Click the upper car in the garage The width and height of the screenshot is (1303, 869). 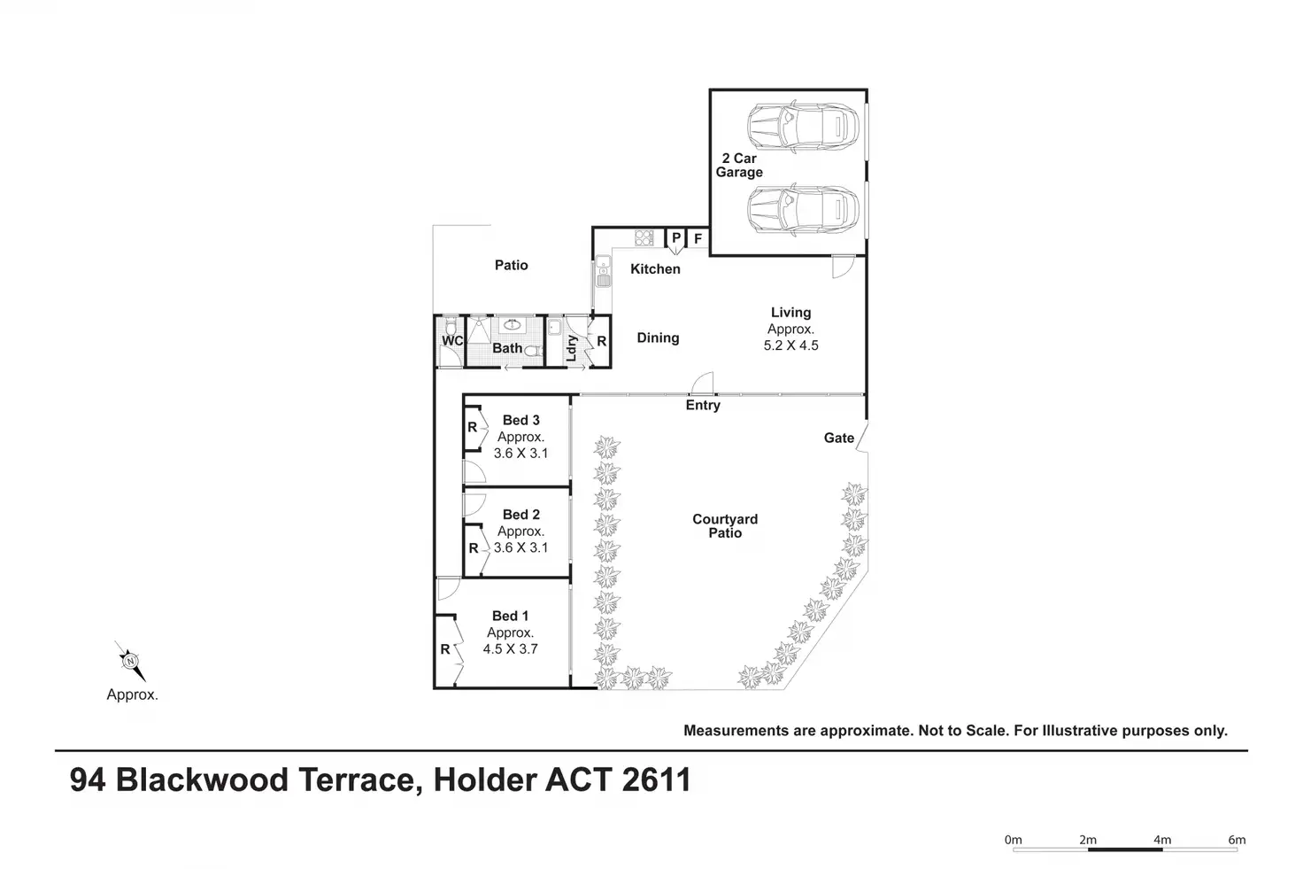click(x=803, y=127)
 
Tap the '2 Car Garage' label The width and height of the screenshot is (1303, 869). click(x=739, y=166)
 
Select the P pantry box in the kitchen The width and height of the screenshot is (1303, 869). click(x=675, y=238)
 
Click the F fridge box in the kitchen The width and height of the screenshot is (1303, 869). click(x=698, y=239)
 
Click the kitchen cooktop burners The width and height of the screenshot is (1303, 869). click(x=644, y=238)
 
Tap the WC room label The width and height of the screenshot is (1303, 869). click(x=452, y=341)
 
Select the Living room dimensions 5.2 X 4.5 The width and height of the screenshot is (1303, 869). click(x=790, y=345)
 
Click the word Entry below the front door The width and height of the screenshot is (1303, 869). click(x=703, y=405)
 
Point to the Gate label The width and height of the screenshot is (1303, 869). click(x=838, y=438)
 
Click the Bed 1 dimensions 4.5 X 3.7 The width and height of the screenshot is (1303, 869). click(x=510, y=648)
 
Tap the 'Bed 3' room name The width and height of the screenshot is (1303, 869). click(x=520, y=420)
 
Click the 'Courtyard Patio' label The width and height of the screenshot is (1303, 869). click(x=725, y=526)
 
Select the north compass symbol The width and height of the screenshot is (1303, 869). click(x=130, y=661)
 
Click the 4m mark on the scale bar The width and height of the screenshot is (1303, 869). click(x=1162, y=840)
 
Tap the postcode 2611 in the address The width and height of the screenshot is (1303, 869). click(x=656, y=780)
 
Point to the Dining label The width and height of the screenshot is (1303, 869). click(x=658, y=338)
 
